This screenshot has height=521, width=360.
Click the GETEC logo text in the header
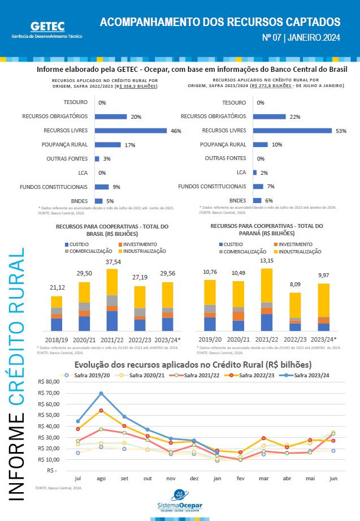point(47,26)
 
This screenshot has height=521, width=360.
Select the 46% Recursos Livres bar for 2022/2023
point(131,131)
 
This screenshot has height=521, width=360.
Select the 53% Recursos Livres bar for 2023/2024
point(292,131)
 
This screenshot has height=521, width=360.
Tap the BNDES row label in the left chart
point(80,201)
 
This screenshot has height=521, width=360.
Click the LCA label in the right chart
point(241,173)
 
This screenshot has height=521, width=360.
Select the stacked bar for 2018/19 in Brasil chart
point(57,313)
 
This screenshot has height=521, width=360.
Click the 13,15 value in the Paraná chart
point(266,261)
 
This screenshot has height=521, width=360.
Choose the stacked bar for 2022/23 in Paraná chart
point(295,311)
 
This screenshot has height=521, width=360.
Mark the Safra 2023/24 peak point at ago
point(101,393)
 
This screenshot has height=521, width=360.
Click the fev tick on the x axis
point(240,479)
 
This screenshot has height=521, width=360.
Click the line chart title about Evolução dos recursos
point(193,365)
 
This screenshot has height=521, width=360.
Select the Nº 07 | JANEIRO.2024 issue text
point(301,38)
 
